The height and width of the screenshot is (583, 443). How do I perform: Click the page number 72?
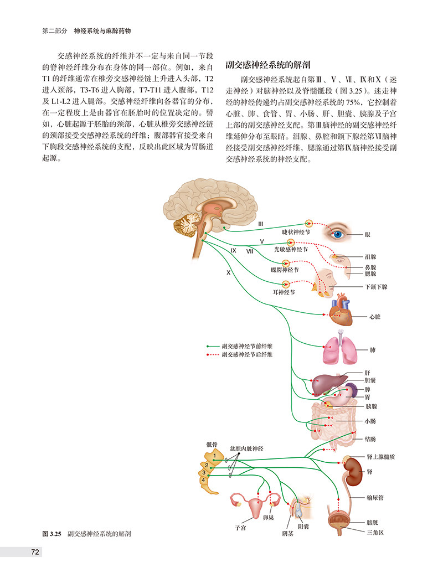click(34, 551)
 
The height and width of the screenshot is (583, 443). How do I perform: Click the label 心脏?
click(375, 318)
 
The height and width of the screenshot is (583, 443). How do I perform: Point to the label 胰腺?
click(371, 406)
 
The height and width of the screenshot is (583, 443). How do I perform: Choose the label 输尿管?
click(375, 498)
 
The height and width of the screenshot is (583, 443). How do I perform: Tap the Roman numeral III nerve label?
click(260, 223)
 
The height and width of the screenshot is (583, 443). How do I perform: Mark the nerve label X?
click(228, 273)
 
